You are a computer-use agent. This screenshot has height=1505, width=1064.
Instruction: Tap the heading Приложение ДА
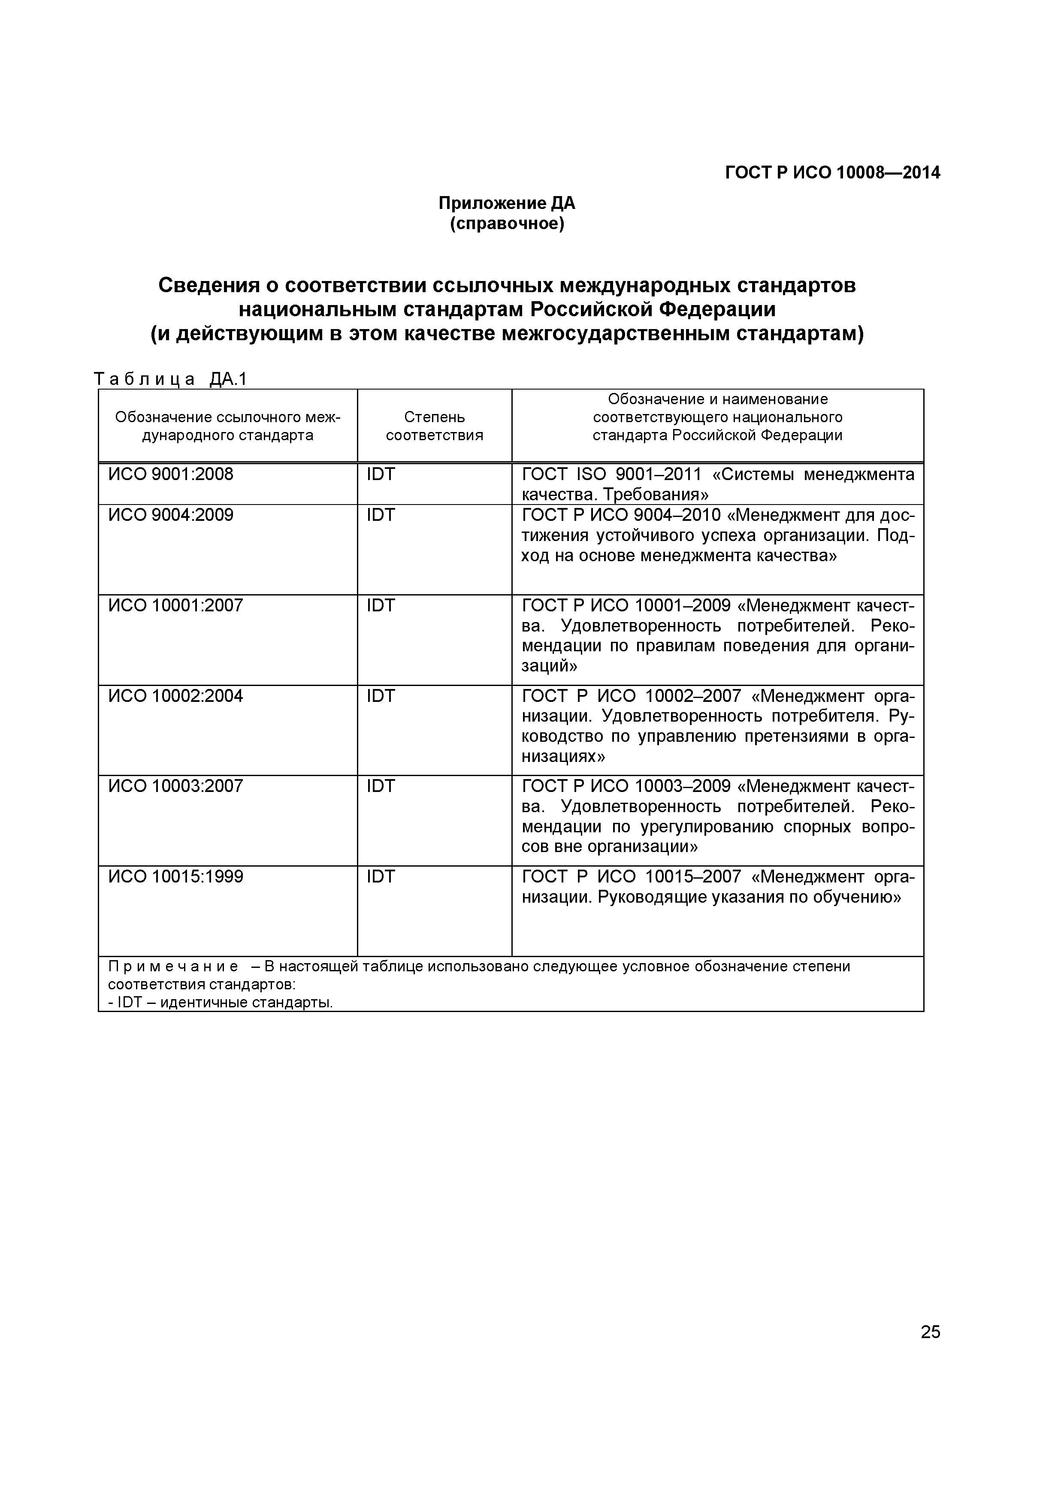(x=506, y=203)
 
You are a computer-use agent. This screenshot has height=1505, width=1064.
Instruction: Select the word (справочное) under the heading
(x=506, y=224)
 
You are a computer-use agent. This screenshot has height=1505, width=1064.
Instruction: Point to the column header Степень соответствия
(x=434, y=426)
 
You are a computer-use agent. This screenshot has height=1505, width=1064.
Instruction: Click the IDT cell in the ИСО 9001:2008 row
(x=381, y=474)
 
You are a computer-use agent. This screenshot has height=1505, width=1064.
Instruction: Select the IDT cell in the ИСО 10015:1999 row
(x=381, y=876)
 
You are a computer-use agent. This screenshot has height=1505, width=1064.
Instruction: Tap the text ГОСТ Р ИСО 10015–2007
(x=631, y=876)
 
